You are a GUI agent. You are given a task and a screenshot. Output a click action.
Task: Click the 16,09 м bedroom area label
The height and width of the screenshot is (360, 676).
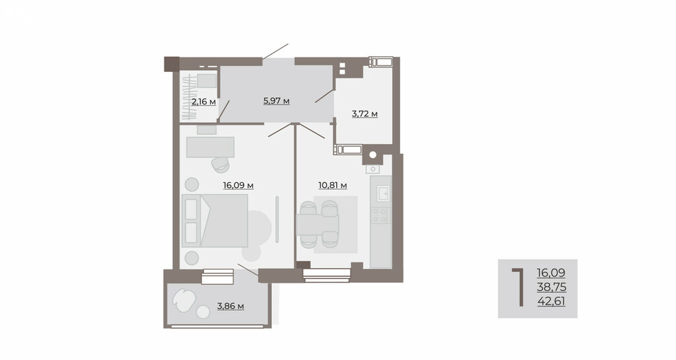tap(238, 186)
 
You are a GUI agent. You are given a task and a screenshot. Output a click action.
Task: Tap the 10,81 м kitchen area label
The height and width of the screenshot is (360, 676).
tap(333, 186)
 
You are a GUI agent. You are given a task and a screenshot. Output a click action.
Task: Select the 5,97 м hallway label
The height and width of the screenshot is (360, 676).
tap(277, 101)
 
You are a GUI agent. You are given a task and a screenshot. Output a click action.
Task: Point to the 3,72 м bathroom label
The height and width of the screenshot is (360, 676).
tap(364, 114)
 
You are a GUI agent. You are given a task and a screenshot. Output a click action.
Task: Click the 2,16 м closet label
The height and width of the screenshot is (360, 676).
tap(203, 102)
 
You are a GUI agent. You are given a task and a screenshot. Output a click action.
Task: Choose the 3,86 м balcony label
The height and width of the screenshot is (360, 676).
tap(230, 306)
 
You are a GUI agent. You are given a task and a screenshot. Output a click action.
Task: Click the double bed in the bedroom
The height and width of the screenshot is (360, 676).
tap(215, 221)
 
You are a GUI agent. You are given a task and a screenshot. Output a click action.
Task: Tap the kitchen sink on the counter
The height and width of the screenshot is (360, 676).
tap(384, 194)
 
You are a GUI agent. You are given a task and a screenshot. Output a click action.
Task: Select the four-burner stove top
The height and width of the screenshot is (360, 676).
tap(380, 215)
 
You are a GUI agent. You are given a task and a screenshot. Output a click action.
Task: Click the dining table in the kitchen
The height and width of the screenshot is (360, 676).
tap(318, 225)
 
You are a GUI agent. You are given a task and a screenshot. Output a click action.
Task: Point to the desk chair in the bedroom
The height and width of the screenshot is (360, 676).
tap(220, 164)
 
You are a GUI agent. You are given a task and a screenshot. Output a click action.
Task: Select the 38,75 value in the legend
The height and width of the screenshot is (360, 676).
tap(551, 287)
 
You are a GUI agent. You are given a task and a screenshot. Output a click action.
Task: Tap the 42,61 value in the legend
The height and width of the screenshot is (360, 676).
tap(551, 301)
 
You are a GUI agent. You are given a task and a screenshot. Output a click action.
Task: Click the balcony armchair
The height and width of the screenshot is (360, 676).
tap(184, 299)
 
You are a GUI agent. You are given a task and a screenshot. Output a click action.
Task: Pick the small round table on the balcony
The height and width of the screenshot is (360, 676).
tap(203, 312)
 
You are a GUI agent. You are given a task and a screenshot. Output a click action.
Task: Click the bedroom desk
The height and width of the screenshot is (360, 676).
tap(211, 147)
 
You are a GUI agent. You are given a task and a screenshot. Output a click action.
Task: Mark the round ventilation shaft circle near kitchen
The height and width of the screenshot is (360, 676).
tap(373, 155)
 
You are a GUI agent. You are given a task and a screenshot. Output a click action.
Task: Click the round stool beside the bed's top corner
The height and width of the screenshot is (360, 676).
tap(192, 184)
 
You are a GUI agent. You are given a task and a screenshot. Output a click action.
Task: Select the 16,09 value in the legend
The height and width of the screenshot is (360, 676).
tap(551, 273)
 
